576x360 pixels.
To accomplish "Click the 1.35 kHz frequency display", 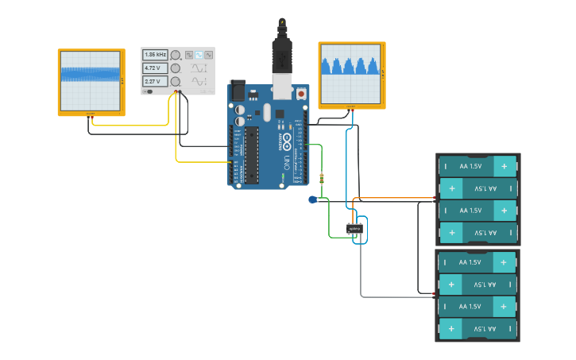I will pos(155,55).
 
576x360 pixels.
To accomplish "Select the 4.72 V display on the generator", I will pos(155,68).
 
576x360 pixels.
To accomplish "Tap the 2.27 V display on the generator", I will pos(155,82).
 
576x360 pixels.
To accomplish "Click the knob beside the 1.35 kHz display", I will pos(175,55).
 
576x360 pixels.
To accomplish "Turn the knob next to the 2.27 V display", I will pos(175,82).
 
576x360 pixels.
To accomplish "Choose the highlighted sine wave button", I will pos(199,55).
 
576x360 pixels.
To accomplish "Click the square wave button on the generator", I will pos(189,55).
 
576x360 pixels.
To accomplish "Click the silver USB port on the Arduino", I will pos(282,85).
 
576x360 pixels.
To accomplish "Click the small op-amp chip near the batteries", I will pos(354,229).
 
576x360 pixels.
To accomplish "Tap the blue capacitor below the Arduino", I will pos(313,199).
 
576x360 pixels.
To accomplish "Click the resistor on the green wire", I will pos(321,179).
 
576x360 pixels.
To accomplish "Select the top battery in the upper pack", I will pos(477,166).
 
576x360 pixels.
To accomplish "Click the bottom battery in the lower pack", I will pos(477,328).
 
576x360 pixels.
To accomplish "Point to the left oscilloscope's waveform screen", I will pos(91,81).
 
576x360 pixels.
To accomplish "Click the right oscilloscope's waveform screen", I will pos(351,73).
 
